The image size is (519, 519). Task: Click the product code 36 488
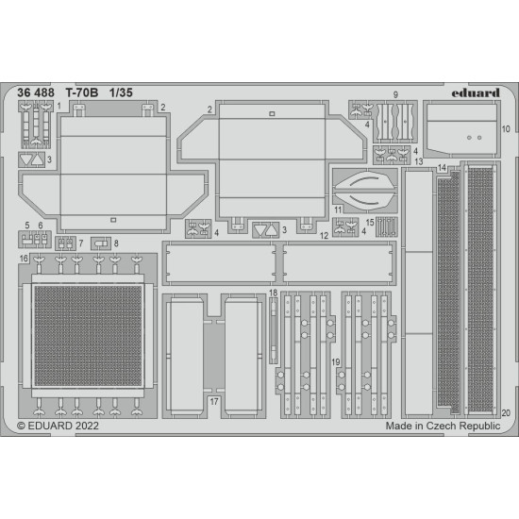35,93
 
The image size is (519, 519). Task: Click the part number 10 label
507,128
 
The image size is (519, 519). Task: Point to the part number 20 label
506,411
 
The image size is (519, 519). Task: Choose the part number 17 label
215,401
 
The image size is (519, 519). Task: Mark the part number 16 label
23,258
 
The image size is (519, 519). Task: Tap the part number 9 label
395,95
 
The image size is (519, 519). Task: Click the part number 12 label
323,235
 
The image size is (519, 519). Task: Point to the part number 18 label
273,293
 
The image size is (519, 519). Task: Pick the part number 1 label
59,107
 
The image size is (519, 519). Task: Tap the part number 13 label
417,162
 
